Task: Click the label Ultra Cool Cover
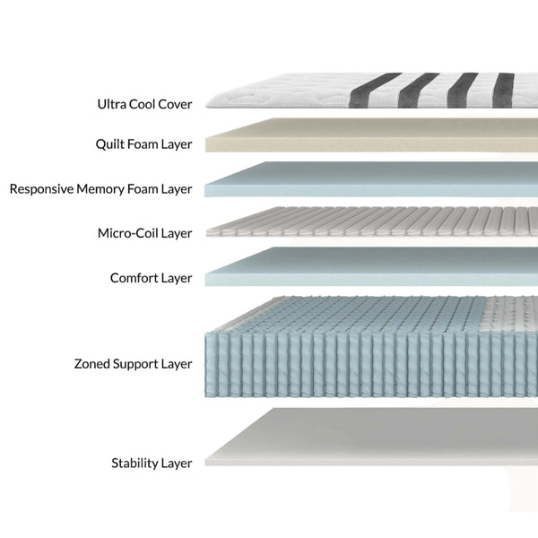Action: point(144,104)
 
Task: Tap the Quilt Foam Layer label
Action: point(143,143)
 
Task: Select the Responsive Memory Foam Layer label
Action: point(100,189)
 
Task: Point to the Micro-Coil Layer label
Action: point(144,233)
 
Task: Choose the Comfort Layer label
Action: point(151,278)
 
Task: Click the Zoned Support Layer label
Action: point(133,364)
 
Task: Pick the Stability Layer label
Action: point(152,464)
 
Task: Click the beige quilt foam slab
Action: point(368,139)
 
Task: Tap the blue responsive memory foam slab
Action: point(368,182)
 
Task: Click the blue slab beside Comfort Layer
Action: point(368,270)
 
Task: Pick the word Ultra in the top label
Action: point(112,104)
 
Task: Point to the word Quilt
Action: point(111,143)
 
